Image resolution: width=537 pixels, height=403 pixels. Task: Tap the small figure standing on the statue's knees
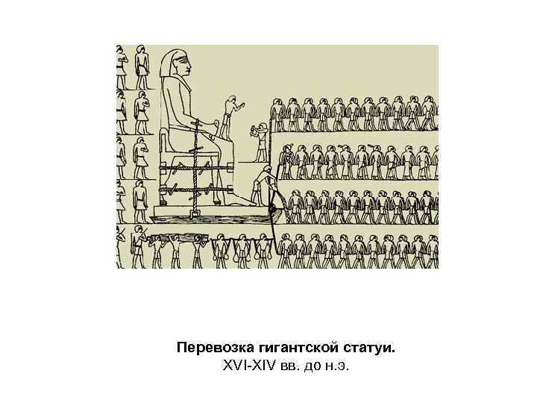(231, 116)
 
